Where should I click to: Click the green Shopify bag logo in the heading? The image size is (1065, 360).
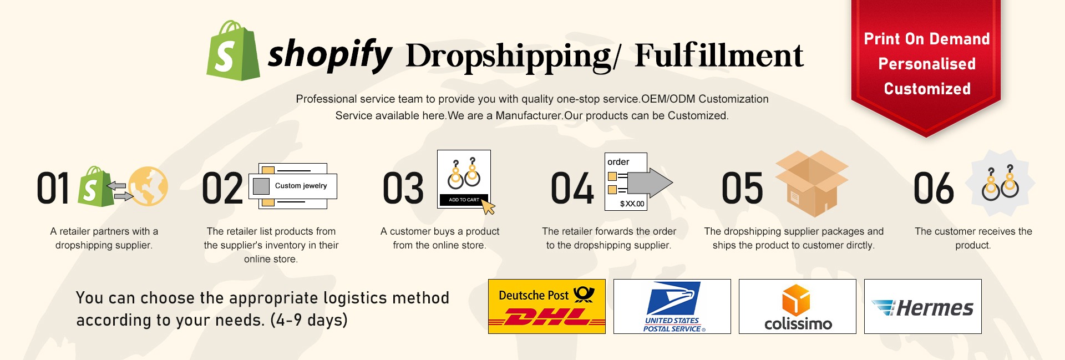tap(233, 51)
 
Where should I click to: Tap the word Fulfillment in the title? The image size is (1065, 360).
tap(719, 55)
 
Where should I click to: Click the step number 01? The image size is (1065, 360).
tap(53, 188)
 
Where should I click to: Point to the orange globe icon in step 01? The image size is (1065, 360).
tap(148, 186)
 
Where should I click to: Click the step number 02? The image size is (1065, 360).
tap(222, 189)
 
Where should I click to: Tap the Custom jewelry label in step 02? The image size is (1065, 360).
tap(301, 186)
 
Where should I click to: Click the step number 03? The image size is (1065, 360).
tap(403, 189)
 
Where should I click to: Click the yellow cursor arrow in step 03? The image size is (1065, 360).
tap(488, 206)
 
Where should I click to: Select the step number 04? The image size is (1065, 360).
tap(572, 189)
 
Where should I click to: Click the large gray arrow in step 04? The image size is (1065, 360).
tap(650, 182)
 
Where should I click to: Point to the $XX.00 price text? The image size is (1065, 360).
tap(632, 204)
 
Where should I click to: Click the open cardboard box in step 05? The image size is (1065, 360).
tap(812, 184)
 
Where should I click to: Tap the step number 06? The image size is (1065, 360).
tap(934, 189)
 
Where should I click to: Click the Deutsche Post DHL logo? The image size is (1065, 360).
tap(547, 306)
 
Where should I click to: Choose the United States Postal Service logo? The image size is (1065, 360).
tap(672, 306)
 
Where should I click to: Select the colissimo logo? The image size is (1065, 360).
tap(798, 306)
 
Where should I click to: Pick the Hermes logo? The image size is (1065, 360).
tap(923, 306)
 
